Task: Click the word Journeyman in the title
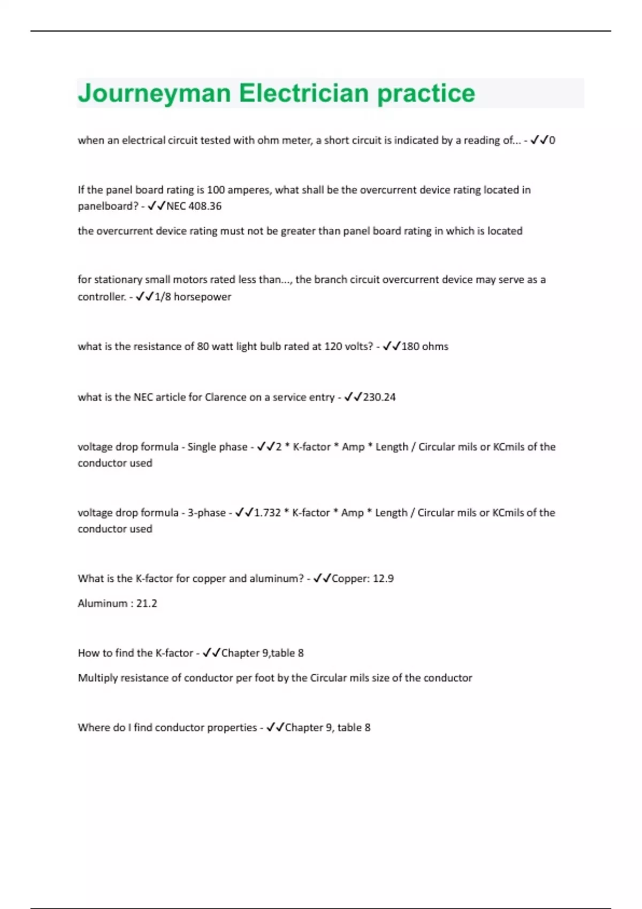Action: pos(154,94)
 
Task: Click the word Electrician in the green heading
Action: pos(303,94)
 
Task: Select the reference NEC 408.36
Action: pos(194,206)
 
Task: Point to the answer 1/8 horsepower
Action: pos(193,297)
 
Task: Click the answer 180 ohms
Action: pos(425,346)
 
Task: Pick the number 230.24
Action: pos(379,397)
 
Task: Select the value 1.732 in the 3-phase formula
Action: pos(267,513)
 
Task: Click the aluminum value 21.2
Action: pos(147,604)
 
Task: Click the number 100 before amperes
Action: pos(216,190)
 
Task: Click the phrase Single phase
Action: pos(217,447)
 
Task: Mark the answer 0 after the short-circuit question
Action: pos(552,141)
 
